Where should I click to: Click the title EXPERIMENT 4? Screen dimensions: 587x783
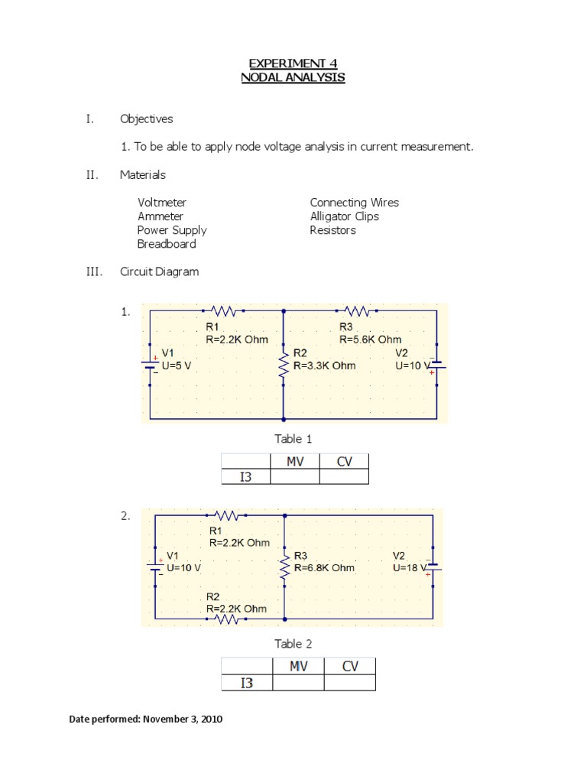point(293,63)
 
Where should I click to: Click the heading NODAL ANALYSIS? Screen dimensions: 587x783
point(293,77)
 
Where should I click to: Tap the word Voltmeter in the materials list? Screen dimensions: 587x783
point(162,203)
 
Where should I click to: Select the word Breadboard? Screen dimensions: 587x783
point(167,244)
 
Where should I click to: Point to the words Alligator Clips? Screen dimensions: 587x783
point(344,216)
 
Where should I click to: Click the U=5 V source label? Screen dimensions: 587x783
point(177,366)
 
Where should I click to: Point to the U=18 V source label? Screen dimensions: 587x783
point(412,568)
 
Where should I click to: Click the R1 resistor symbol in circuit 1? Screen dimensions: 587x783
point(224,311)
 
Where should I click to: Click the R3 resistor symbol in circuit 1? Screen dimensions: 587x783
point(357,311)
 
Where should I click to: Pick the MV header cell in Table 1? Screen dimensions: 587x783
point(295,461)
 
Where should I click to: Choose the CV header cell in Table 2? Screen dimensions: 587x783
point(350,666)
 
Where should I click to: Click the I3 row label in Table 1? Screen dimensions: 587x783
point(245,476)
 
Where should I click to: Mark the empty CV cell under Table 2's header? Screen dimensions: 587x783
point(350,683)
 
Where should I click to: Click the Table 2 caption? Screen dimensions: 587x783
point(293,644)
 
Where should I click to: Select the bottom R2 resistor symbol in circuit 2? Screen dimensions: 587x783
point(227,619)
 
